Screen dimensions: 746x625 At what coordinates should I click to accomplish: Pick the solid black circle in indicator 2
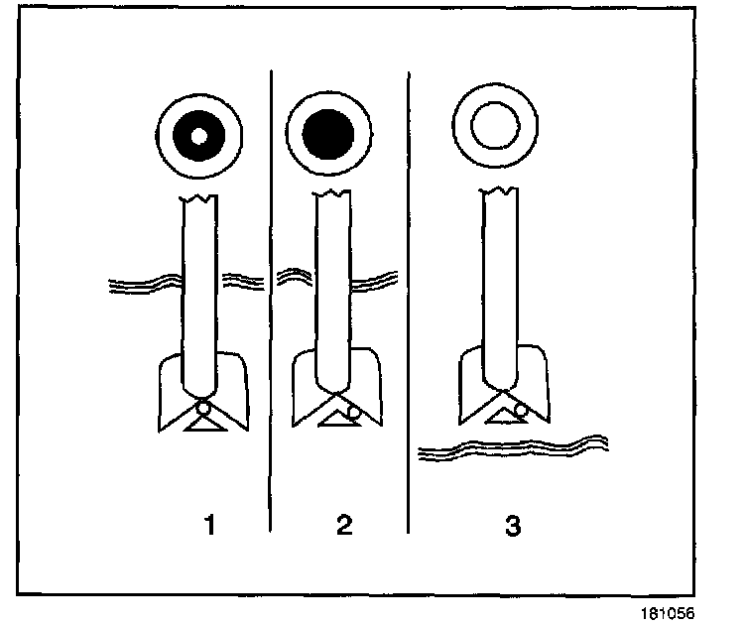pyautogui.click(x=328, y=135)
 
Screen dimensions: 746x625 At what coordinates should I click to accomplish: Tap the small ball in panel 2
pyautogui.click(x=353, y=411)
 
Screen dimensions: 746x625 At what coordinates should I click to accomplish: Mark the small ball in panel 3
pyautogui.click(x=521, y=410)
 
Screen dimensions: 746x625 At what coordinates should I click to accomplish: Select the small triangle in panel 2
pyautogui.click(x=333, y=420)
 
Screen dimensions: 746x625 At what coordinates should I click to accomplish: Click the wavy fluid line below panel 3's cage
pyautogui.click(x=511, y=446)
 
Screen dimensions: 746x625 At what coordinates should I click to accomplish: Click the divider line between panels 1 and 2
pyautogui.click(x=271, y=298)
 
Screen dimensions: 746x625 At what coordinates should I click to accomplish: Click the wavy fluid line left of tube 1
pyautogui.click(x=144, y=285)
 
